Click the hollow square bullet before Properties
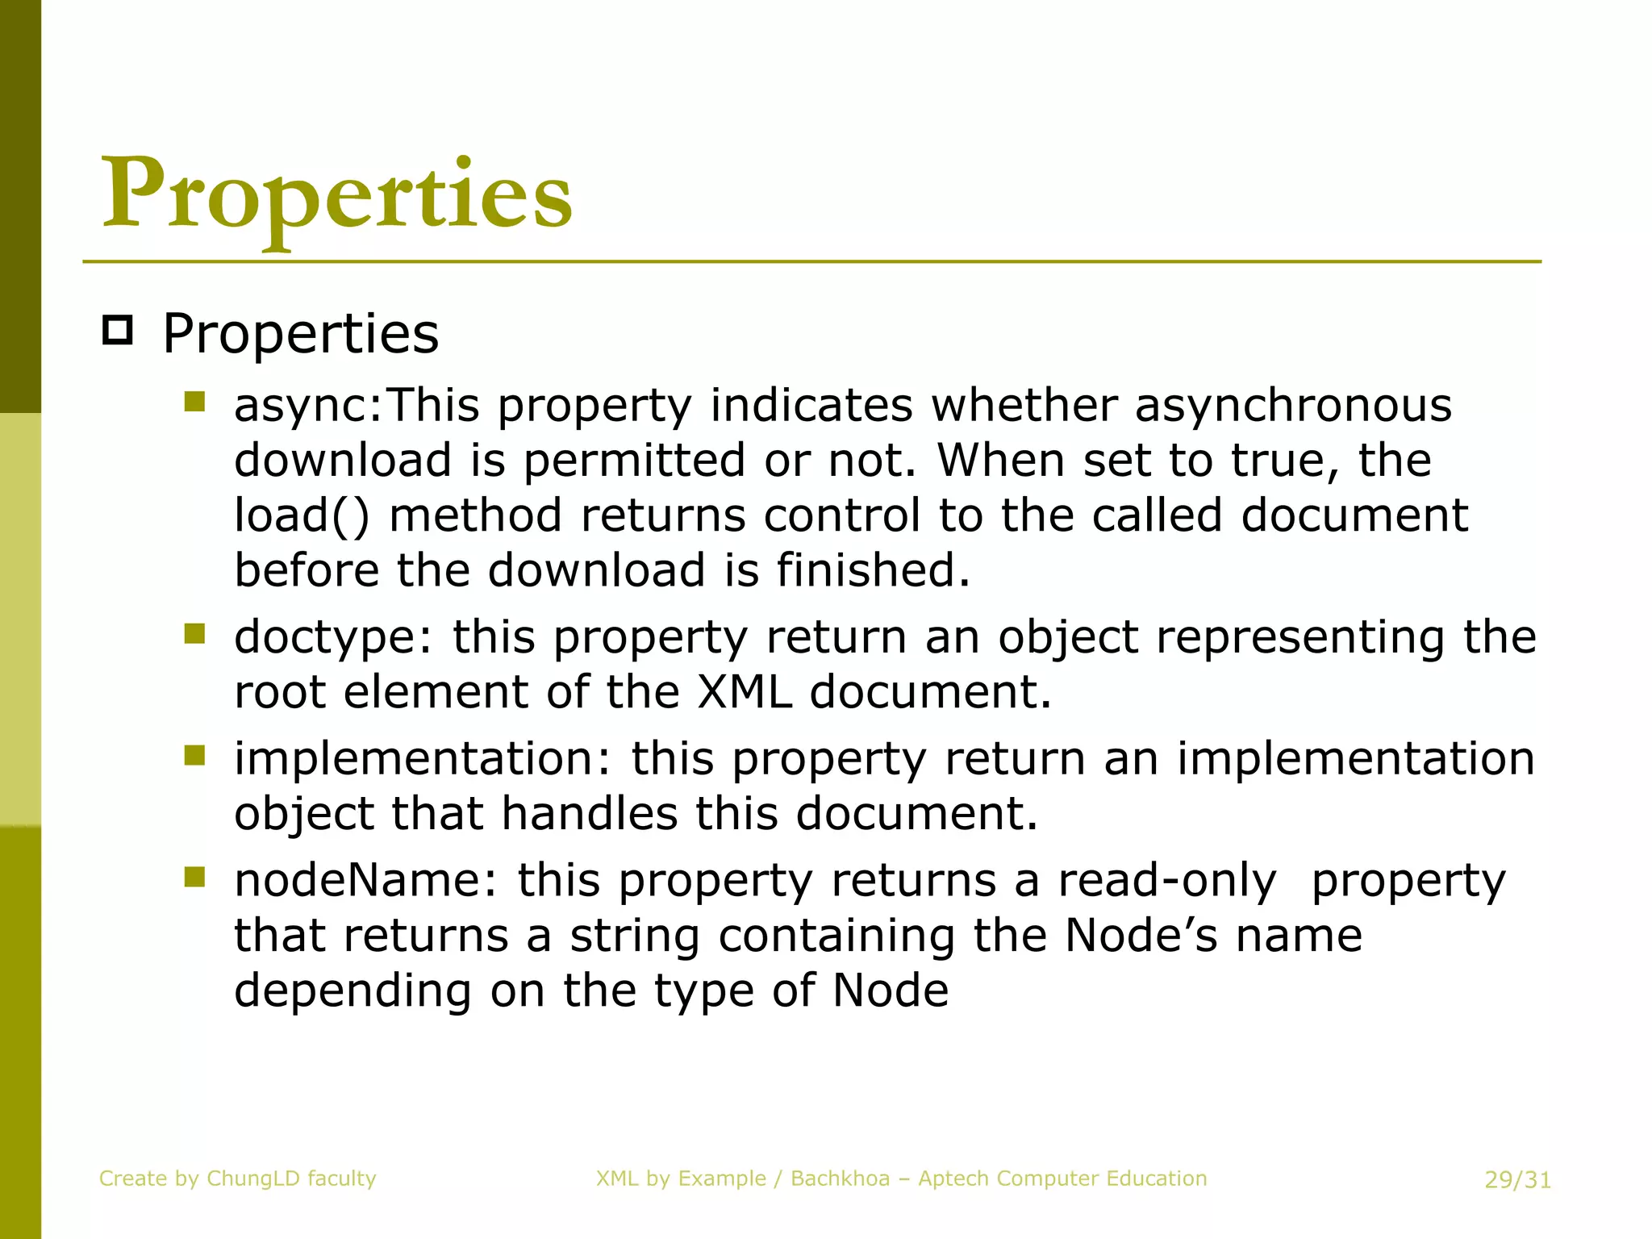point(118,331)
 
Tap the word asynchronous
point(1293,405)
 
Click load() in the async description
point(301,515)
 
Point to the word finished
point(873,570)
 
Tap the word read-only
point(1167,880)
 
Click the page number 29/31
point(1517,1180)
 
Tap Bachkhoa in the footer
point(840,1179)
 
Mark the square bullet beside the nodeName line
point(194,876)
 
